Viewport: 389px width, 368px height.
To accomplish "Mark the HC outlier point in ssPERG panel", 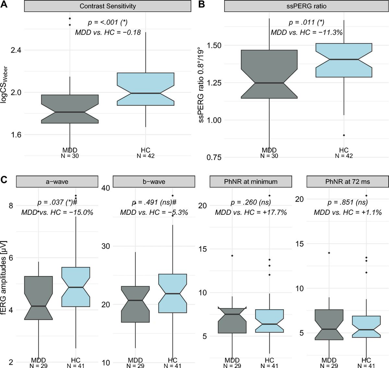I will [344, 135].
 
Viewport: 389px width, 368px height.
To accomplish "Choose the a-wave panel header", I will [57, 182].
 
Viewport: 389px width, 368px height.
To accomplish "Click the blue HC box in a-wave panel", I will [76, 287].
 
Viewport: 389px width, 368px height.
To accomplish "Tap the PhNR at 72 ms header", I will [348, 182].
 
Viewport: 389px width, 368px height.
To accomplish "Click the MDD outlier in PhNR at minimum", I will [232, 256].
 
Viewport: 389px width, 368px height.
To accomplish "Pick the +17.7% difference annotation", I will [251, 213].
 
